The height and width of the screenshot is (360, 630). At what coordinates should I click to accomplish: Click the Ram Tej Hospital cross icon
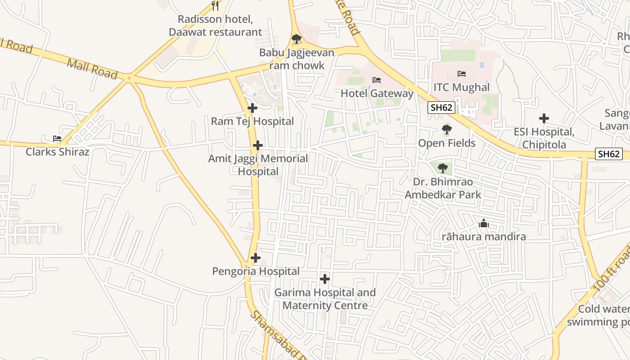coord(252,108)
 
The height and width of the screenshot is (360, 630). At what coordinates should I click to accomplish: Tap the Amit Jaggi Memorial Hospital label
coord(258,165)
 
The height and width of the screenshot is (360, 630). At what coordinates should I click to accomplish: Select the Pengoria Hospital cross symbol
coord(256,258)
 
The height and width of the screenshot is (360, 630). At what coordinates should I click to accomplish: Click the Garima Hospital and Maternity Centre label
coord(325,299)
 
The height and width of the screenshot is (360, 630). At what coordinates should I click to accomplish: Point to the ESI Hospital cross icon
coord(544,118)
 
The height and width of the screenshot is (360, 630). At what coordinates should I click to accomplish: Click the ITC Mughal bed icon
coord(461,73)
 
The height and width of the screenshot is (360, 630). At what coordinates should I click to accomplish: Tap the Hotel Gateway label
coord(377,94)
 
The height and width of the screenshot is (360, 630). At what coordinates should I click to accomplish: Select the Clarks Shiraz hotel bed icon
coord(57,139)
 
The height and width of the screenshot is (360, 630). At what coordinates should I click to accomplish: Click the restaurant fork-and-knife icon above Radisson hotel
coord(215,6)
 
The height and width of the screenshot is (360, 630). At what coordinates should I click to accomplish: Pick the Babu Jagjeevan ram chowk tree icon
coord(297,39)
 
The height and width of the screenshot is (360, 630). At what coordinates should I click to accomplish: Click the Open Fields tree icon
coord(447,130)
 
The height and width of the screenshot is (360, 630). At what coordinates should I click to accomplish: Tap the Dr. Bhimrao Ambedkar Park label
coord(443,189)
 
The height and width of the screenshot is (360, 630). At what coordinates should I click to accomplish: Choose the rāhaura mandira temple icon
coord(484,223)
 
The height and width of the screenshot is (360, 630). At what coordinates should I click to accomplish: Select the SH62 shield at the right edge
coord(609,154)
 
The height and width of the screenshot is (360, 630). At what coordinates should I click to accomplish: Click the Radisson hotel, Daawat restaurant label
coord(215,26)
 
